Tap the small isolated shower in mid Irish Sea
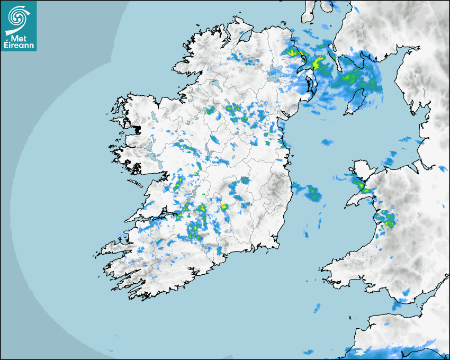coord(327,142)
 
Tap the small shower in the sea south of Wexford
coord(318,307)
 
